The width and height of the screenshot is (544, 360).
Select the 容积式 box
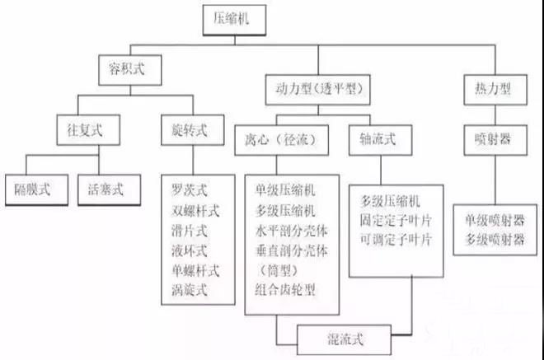pos(124,69)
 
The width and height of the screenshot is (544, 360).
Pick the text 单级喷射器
pos(494,220)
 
